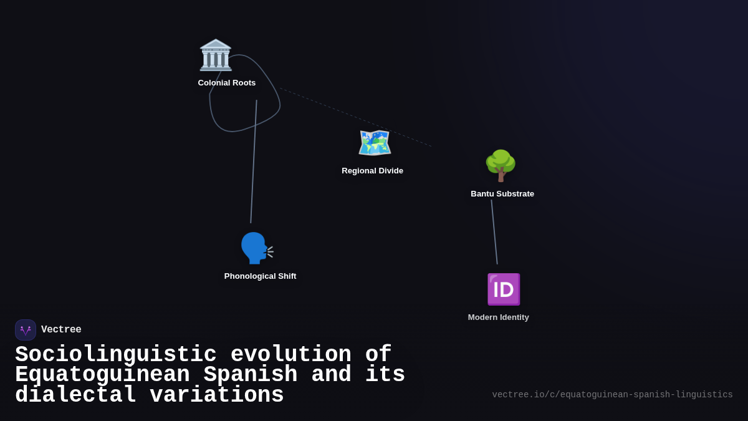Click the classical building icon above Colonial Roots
click(216, 55)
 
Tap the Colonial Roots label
click(227, 83)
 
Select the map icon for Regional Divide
click(374, 143)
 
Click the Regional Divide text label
click(372, 171)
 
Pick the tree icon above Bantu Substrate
click(501, 166)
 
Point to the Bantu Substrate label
click(502, 194)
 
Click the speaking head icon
click(256, 248)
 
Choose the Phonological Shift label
click(260, 276)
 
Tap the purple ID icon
click(503, 289)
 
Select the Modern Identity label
click(498, 317)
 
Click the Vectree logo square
click(26, 330)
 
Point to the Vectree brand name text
click(61, 330)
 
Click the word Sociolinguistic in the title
click(116, 355)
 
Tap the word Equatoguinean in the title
click(102, 375)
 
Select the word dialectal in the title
click(75, 395)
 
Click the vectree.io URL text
click(612, 395)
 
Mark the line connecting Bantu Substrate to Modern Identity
click(494, 232)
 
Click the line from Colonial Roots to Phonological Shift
click(254, 162)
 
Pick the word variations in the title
click(217, 395)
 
